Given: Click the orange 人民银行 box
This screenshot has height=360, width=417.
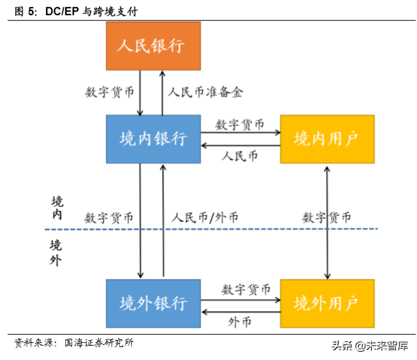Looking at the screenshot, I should [153, 46].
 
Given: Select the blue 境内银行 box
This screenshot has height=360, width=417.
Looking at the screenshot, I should [153, 139].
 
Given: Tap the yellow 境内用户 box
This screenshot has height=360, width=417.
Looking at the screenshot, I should [328, 139].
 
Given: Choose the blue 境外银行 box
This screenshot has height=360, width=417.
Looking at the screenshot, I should [153, 303].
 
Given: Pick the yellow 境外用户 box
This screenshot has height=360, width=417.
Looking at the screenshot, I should [328, 303].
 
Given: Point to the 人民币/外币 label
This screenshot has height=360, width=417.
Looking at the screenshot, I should [205, 218].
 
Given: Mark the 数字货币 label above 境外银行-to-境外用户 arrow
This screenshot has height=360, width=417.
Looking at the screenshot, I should [240, 289].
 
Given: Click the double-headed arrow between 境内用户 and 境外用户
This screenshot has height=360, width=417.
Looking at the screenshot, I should [327, 221].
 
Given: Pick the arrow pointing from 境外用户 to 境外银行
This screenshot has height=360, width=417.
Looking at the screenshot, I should [240, 311].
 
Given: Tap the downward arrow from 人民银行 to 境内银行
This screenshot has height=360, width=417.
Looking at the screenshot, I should [140, 93].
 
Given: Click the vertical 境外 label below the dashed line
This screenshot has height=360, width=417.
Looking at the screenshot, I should [56, 252].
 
